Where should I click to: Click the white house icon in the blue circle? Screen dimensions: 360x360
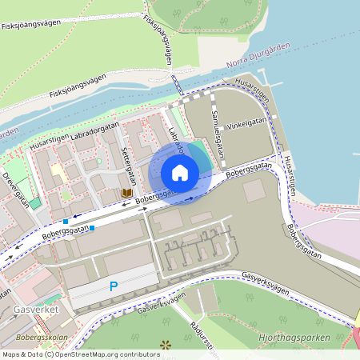(x=180, y=173)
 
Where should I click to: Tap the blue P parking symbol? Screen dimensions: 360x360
(x=114, y=286)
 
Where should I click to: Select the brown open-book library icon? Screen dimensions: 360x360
(x=126, y=193)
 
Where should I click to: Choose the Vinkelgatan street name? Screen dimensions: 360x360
(x=247, y=122)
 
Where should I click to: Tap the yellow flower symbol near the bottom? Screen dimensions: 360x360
(x=166, y=346)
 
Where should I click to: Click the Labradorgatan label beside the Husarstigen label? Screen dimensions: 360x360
(x=94, y=130)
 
